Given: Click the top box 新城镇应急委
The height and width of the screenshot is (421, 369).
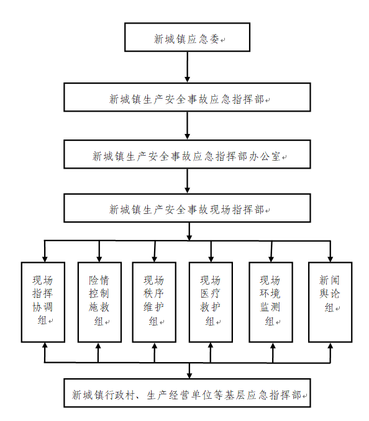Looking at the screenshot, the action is click(187, 37).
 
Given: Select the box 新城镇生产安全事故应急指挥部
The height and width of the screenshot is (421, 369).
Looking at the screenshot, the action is click(187, 97).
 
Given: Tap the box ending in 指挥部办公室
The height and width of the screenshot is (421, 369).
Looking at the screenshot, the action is click(187, 154).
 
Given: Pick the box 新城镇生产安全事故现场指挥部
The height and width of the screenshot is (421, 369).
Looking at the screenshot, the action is click(187, 208).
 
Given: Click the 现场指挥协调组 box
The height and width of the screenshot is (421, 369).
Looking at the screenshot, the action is click(43, 302).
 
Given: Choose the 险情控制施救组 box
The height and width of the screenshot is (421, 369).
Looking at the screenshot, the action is click(99, 302).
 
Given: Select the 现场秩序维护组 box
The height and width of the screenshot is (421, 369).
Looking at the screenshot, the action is click(154, 302).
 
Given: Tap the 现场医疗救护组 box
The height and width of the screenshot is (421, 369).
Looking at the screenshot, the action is click(211, 302).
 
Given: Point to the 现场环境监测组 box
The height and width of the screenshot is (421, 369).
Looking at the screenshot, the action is click(271, 302).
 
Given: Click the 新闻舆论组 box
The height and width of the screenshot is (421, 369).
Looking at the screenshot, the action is click(330, 302).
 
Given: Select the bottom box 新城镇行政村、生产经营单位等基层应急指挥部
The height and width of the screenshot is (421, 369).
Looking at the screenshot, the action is click(187, 393).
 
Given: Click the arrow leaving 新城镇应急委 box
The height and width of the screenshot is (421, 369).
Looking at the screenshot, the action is click(188, 67).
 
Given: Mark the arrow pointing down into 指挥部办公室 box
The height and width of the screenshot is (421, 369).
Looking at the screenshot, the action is click(188, 126).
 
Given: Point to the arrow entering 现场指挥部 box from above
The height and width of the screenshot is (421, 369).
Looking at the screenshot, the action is click(188, 181).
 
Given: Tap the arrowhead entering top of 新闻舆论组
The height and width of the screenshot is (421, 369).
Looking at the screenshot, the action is click(330, 259).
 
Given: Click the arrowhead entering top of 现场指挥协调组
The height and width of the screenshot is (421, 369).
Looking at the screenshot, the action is click(45, 259).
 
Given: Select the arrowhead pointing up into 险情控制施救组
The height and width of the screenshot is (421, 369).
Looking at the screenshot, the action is click(98, 345).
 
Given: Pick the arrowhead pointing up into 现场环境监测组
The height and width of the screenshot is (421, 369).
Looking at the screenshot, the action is click(273, 345).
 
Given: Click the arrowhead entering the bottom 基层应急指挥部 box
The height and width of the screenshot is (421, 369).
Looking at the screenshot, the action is click(189, 376).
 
